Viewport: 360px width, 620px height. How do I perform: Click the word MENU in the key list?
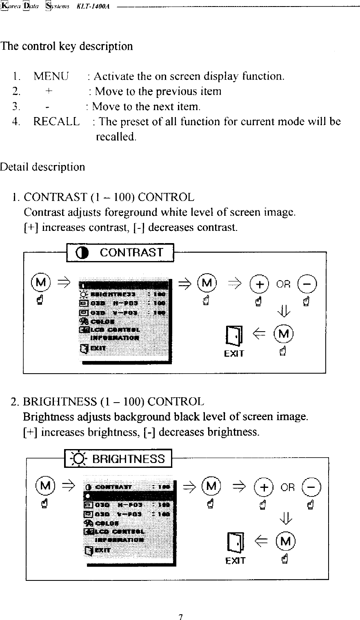(x=51, y=76)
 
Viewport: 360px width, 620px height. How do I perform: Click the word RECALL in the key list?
(x=56, y=122)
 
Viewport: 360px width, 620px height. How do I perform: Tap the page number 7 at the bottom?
(x=180, y=616)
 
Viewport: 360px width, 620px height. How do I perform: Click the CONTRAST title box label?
(x=131, y=253)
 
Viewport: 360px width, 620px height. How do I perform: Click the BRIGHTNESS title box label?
(x=129, y=459)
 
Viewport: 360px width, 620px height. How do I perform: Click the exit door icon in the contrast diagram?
(x=233, y=336)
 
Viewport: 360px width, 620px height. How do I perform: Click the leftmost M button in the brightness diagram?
(x=45, y=486)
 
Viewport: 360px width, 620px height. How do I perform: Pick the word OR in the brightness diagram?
(x=287, y=488)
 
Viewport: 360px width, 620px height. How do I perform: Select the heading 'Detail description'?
(x=42, y=167)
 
